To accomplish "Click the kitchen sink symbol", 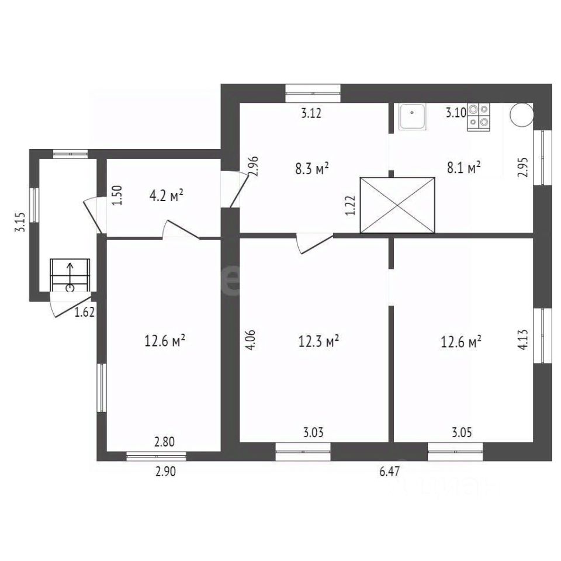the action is coord(413,117).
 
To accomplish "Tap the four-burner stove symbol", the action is coord(479,117).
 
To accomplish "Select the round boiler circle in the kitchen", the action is coord(522,115).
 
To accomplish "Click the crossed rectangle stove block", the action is coord(397,205).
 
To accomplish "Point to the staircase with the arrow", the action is coord(70,275).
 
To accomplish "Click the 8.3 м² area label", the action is coord(312,168).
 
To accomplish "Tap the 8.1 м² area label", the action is coord(463,167).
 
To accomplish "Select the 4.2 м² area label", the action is coord(167,196).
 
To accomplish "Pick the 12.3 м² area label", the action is coord(319,341).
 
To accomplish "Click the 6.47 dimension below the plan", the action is coord(390,472).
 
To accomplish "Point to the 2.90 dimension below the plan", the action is coord(165,472).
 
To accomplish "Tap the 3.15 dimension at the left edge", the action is coord(20,222).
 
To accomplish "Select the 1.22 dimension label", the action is coord(351,205).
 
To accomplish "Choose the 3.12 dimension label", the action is coord(311,113).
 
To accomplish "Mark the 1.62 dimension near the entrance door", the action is coord(85,312).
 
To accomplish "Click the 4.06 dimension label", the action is coord(251,340).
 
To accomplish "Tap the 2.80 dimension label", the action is coord(165,442).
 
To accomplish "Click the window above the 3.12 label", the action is coord(313,93).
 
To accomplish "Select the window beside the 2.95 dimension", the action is coord(543,157).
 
